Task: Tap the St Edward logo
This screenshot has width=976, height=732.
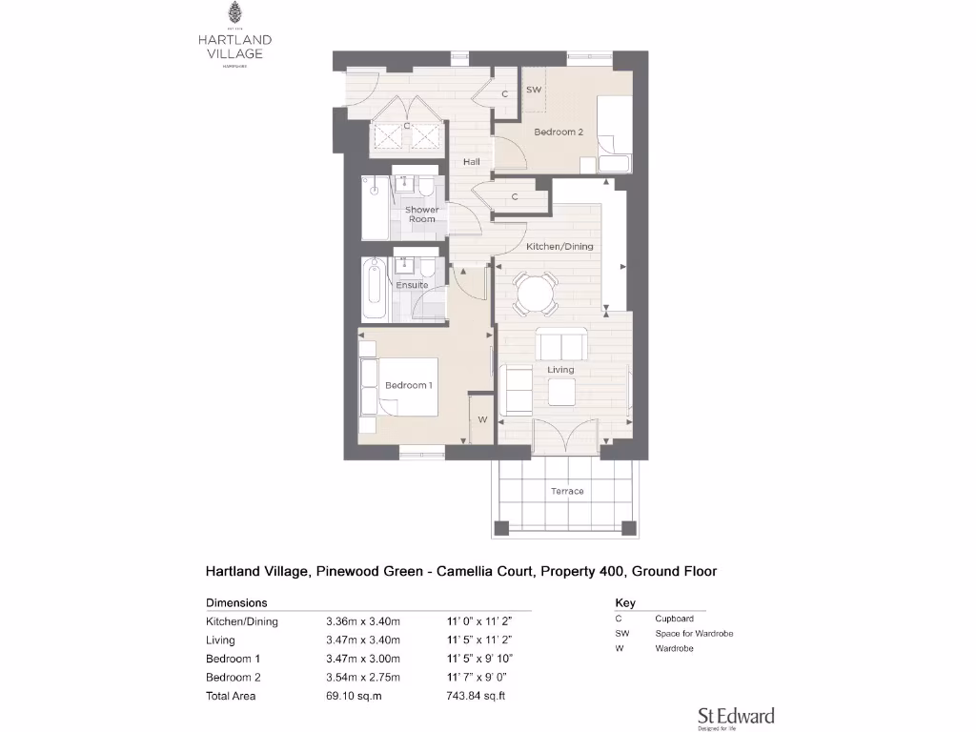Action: pyautogui.click(x=736, y=717)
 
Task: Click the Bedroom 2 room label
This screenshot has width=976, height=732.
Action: pyautogui.click(x=558, y=132)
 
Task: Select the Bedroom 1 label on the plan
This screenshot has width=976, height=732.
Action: pyautogui.click(x=408, y=385)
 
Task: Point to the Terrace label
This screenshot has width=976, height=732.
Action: pyautogui.click(x=567, y=491)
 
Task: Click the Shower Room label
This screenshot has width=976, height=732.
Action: pyautogui.click(x=422, y=214)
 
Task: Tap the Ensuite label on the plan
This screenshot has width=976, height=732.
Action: pyautogui.click(x=412, y=285)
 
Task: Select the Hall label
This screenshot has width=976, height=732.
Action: pyautogui.click(x=471, y=162)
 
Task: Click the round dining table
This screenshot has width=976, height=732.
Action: pyautogui.click(x=536, y=293)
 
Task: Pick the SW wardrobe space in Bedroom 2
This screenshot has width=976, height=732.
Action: pyautogui.click(x=535, y=91)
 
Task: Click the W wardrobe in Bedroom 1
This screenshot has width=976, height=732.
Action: pyautogui.click(x=482, y=419)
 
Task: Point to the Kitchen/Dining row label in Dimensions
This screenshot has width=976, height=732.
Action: pyautogui.click(x=242, y=621)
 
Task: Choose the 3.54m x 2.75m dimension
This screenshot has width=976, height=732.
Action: pyautogui.click(x=363, y=678)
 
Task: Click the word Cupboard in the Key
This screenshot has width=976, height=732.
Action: pyautogui.click(x=674, y=619)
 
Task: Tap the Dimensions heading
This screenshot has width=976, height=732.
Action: pyautogui.click(x=236, y=602)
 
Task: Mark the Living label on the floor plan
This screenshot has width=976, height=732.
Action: pyautogui.click(x=560, y=369)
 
